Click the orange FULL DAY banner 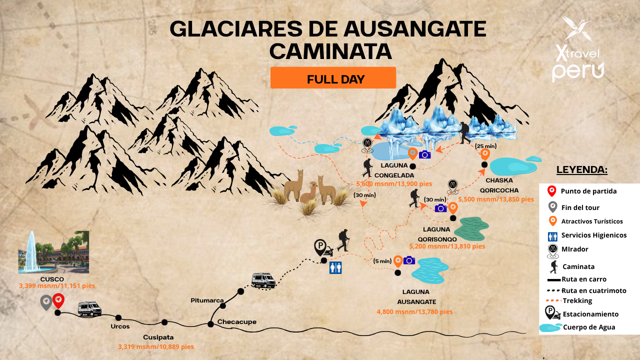333,78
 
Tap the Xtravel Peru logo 577,50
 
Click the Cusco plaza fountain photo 53,251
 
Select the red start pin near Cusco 58,300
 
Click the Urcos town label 120,326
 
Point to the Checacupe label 236,322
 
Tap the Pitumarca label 207,300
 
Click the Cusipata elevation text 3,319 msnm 155,346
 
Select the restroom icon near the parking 335,267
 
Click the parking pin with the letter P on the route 320,247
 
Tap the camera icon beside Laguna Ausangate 409,260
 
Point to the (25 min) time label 485,146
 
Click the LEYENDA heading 581,170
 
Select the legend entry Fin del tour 580,207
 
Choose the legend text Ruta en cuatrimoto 594,290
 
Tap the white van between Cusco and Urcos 89,309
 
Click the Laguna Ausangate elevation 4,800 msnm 414,311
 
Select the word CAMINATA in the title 330,51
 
